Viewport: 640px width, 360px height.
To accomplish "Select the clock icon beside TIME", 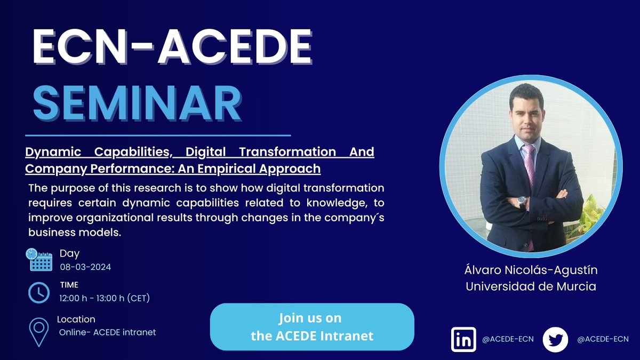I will pyautogui.click(x=39, y=292).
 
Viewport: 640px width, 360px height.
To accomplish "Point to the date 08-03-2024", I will pyautogui.click(x=85, y=267).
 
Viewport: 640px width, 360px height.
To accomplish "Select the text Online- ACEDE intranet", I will pyautogui.click(x=107, y=332).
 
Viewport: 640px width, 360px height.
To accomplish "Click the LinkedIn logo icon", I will pyautogui.click(x=463, y=339).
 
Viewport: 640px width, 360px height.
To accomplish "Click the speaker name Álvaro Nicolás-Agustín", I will pyautogui.click(x=530, y=270).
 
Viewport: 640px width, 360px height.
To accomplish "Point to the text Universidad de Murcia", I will pyautogui.click(x=530, y=286).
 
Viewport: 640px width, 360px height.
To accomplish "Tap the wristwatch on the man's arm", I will pyautogui.click(x=522, y=202).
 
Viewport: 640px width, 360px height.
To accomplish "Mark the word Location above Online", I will pyautogui.click(x=76, y=319).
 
